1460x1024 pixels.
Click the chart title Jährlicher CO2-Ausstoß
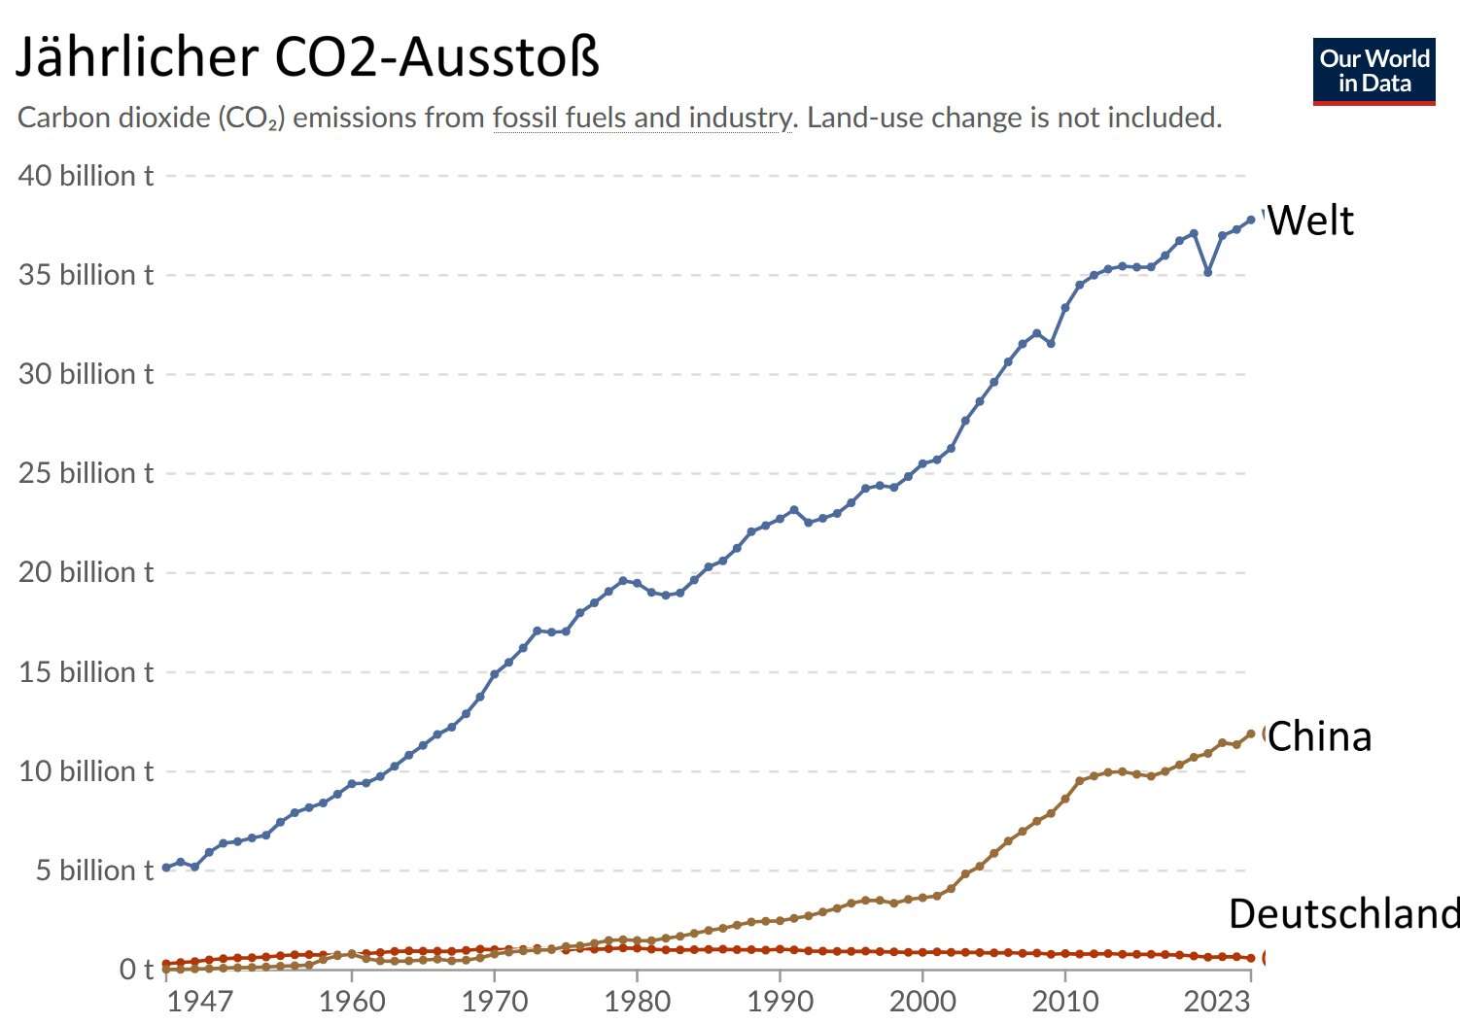[307, 56]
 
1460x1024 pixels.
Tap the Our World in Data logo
[1373, 71]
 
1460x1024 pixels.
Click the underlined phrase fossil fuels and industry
[643, 118]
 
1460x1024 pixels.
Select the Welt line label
[1310, 221]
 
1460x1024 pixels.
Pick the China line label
[1319, 736]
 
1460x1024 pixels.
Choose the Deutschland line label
[1343, 914]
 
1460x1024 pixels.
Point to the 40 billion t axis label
[86, 176]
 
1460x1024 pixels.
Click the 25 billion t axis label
[86, 473]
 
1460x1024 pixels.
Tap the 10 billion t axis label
[86, 771]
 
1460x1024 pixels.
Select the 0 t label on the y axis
[136, 970]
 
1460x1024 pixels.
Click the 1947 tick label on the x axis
[199, 1001]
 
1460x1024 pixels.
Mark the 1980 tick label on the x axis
[637, 1001]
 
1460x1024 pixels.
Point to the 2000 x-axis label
[922, 1001]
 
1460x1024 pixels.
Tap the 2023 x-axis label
[1216, 1001]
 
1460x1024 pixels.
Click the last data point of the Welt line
[1251, 220]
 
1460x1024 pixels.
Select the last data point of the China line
[1251, 734]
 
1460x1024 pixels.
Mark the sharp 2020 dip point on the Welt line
[1208, 272]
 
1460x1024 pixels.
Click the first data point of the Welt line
[166, 868]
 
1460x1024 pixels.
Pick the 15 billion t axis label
[86, 672]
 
